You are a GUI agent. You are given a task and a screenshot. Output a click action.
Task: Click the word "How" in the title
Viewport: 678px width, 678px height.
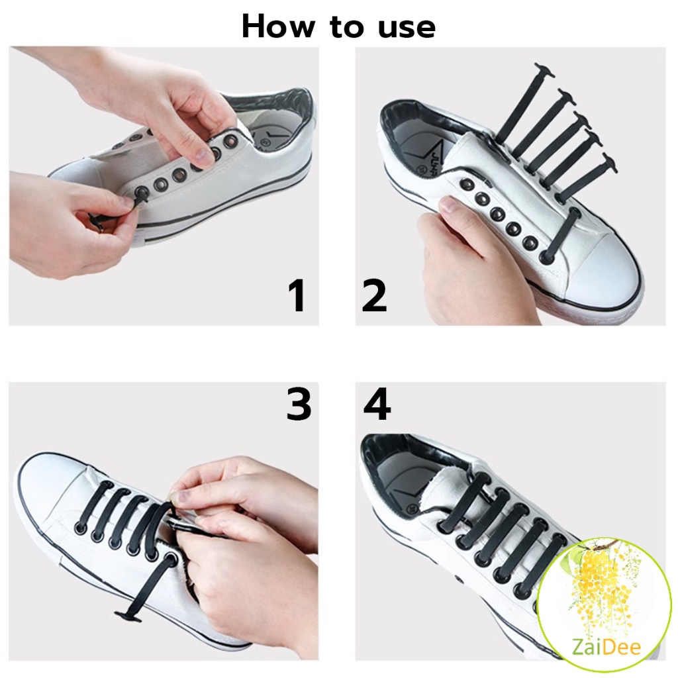click(278, 26)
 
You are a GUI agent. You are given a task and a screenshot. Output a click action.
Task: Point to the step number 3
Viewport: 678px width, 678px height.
click(299, 403)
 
